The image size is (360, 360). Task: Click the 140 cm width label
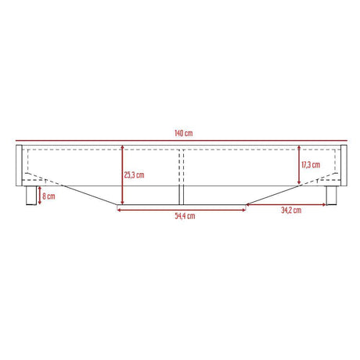tap(183, 134)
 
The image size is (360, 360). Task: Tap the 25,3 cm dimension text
tap(134, 175)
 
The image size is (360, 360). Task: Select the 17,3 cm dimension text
tap(311, 165)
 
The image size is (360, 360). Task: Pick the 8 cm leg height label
tap(49, 196)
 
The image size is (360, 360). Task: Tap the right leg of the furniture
tap(331, 196)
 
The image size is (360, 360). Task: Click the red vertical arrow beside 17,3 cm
tap(299, 165)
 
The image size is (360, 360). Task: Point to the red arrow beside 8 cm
tap(39, 196)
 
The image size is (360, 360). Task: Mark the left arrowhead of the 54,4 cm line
tap(118, 209)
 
